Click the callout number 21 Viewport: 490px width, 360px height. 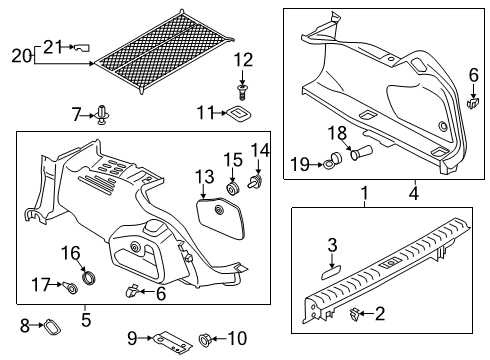(53, 47)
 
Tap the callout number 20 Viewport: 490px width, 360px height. (22, 56)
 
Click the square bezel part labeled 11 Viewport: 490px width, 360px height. (239, 114)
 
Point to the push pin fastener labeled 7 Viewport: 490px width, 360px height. (102, 115)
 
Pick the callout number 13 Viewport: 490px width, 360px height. (205, 177)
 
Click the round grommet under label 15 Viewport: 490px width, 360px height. (233, 188)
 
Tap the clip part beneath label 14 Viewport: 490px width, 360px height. (255, 180)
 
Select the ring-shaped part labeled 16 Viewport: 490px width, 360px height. (89, 277)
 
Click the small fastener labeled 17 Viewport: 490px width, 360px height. (70, 286)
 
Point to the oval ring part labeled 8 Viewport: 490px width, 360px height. (52, 327)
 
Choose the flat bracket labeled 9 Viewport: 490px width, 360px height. (172, 342)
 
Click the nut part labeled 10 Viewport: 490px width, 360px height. (204, 339)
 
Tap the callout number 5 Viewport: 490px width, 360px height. (86, 320)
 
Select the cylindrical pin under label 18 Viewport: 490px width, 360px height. (361, 153)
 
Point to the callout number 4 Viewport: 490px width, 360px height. (414, 193)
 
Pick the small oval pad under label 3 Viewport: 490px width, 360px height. (331, 273)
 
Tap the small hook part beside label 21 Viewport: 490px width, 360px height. (82, 47)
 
